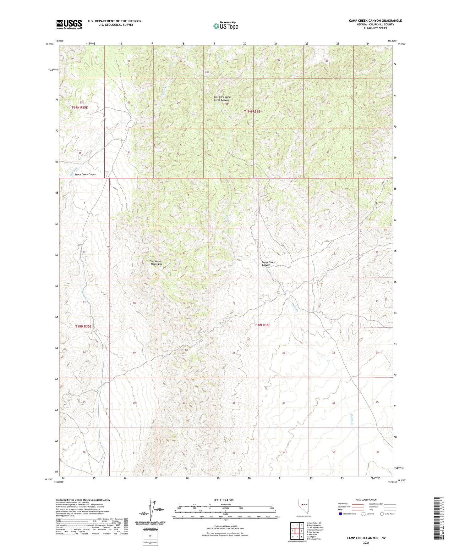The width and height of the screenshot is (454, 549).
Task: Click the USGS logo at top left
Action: [x=69, y=24]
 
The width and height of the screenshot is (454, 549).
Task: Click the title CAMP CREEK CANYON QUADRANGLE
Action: [x=375, y=21]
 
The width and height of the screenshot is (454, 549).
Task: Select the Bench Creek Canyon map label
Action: [x=83, y=174]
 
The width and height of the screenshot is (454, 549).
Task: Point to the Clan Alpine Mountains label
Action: [x=156, y=263]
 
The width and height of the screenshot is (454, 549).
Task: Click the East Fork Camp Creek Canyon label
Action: [x=222, y=98]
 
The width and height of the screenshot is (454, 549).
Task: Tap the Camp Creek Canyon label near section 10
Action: [x=268, y=263]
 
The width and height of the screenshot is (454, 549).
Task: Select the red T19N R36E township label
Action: [x=252, y=112]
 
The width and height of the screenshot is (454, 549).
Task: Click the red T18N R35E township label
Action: [x=83, y=326]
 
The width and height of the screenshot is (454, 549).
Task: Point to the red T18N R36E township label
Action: [x=262, y=325]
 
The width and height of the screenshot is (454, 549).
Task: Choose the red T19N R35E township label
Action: [x=79, y=108]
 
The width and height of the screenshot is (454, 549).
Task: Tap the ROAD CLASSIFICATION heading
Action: [x=366, y=500]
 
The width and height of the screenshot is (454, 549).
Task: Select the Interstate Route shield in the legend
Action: [x=341, y=514]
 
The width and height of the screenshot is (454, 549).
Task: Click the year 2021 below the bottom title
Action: [x=366, y=542]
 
